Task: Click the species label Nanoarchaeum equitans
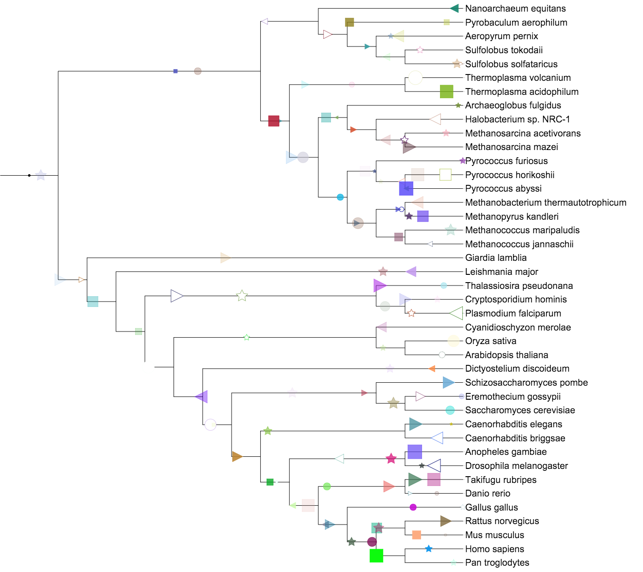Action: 515,8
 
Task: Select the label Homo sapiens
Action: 494,549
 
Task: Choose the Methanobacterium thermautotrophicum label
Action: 546,202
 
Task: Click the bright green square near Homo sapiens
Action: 376,556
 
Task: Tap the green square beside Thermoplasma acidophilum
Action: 446,91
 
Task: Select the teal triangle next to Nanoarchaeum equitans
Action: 454,8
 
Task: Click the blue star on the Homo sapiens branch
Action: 428,549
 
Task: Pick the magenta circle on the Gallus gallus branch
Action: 413,507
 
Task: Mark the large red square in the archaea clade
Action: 274,121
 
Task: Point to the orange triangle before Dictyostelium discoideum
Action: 432,369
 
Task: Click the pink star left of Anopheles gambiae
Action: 391,459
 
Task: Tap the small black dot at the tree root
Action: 29,175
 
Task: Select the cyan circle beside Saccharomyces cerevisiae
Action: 450,410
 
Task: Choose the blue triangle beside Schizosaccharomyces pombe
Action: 448,383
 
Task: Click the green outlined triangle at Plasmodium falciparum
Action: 456,314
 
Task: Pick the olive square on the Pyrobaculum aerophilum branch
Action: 349,22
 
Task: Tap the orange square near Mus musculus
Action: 416,535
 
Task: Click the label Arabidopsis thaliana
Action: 506,355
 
